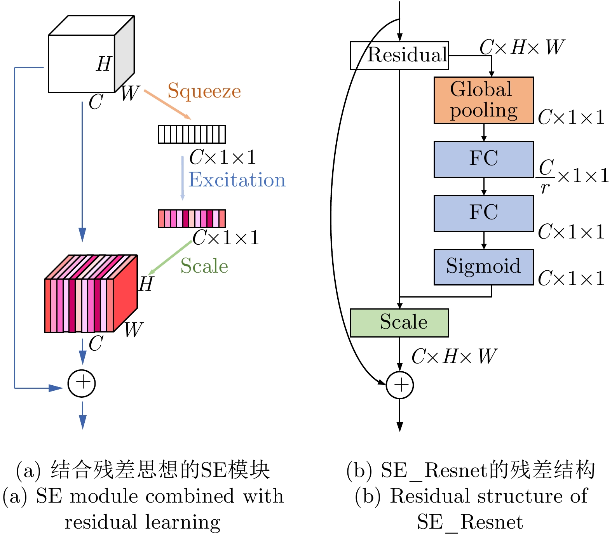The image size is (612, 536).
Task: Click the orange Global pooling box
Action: click(x=483, y=100)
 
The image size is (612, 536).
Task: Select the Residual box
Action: click(x=399, y=56)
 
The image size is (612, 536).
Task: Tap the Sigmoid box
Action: click(x=483, y=267)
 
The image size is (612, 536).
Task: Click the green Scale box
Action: click(x=399, y=323)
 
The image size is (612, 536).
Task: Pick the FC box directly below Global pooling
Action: click(x=483, y=159)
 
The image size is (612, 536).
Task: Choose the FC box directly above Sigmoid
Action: click(x=483, y=213)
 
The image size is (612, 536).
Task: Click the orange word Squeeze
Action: click(x=204, y=92)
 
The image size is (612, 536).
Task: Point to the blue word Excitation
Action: click(x=237, y=180)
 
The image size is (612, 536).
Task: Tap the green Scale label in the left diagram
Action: click(x=204, y=266)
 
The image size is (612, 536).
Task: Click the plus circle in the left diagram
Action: click(x=82, y=383)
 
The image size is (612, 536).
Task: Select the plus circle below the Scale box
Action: click(x=399, y=385)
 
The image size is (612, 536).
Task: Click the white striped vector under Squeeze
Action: click(x=192, y=134)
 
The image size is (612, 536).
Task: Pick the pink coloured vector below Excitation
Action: click(x=192, y=218)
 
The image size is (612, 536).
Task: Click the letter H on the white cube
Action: click(x=104, y=64)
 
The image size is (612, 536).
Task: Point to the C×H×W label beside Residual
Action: click(x=521, y=47)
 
